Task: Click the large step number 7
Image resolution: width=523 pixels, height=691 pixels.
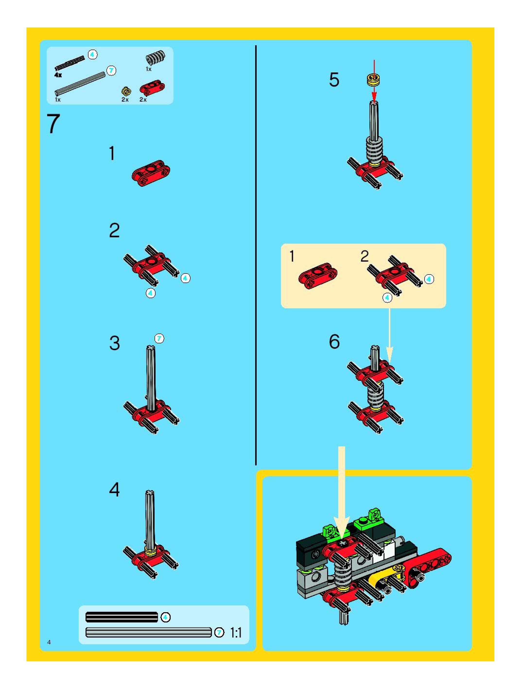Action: click(53, 124)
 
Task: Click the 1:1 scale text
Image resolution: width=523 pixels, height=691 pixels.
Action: click(236, 633)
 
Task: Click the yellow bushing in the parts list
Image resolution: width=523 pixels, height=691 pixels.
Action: click(126, 91)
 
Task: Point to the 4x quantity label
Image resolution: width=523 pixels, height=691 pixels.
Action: click(58, 75)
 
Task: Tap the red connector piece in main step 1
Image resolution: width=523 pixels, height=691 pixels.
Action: click(151, 173)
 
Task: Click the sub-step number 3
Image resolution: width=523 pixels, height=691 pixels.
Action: click(115, 343)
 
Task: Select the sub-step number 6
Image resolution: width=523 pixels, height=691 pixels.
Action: click(334, 341)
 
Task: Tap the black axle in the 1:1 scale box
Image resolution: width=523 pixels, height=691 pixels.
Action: click(122, 617)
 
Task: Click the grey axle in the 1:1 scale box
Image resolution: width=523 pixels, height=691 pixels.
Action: click(149, 632)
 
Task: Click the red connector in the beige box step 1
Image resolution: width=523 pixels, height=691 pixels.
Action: click(318, 275)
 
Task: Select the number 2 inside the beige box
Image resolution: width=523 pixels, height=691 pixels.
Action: click(364, 257)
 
